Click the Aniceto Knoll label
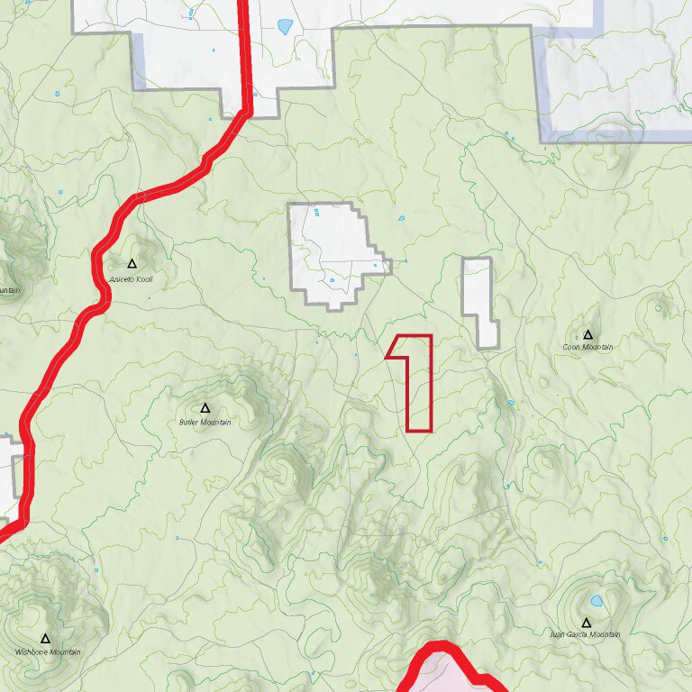tap(132, 279)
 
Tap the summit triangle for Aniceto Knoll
tap(132, 264)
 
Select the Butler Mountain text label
tap(205, 422)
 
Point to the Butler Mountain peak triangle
tap(205, 408)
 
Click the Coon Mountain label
tap(587, 346)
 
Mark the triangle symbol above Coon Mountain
tap(588, 334)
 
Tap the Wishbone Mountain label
tap(48, 651)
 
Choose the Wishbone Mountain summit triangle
tap(45, 639)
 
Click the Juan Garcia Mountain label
tap(586, 634)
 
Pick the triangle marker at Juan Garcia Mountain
tap(586, 623)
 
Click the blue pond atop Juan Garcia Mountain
tap(596, 601)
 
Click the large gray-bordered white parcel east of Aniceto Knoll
tap(329, 252)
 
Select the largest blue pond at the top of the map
tap(286, 26)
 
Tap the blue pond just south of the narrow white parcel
tap(511, 403)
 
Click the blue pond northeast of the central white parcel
tap(402, 218)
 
